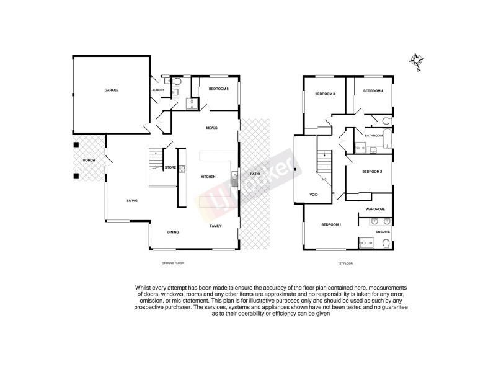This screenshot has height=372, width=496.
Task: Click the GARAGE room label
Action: click(111, 90)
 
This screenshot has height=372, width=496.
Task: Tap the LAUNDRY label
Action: click(157, 90)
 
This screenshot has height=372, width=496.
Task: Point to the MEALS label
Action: click(212, 128)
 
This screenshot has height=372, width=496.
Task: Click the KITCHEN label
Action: click(208, 177)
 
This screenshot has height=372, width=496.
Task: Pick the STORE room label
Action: click(170, 167)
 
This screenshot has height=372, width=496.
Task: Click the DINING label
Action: click(173, 232)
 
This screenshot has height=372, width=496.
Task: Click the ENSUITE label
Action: click(383, 232)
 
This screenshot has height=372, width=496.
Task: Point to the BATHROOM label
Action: click(373, 135)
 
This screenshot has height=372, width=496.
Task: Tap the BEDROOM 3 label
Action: click(325, 94)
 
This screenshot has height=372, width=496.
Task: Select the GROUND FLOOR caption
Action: click(173, 263)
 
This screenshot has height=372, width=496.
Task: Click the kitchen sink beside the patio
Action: click(234, 180)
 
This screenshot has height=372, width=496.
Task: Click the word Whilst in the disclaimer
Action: click(142, 288)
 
